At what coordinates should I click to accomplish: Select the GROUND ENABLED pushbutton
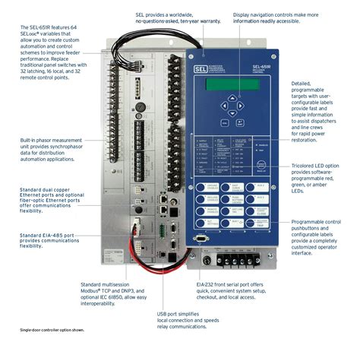[x=209, y=187]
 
